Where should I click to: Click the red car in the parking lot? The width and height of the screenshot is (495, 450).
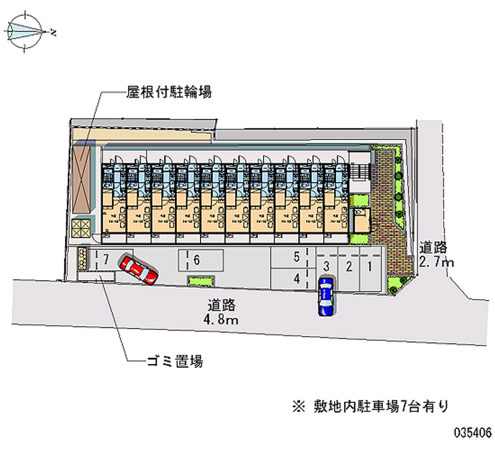139,269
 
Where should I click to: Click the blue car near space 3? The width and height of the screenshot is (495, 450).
325,295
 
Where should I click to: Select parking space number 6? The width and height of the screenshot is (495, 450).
196,260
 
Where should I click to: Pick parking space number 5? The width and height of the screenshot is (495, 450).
297,256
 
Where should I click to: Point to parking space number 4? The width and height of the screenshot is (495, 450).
297,279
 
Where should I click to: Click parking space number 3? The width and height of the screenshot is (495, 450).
325,266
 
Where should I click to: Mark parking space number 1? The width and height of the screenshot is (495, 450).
369,266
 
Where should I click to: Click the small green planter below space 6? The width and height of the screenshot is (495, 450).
200,282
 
